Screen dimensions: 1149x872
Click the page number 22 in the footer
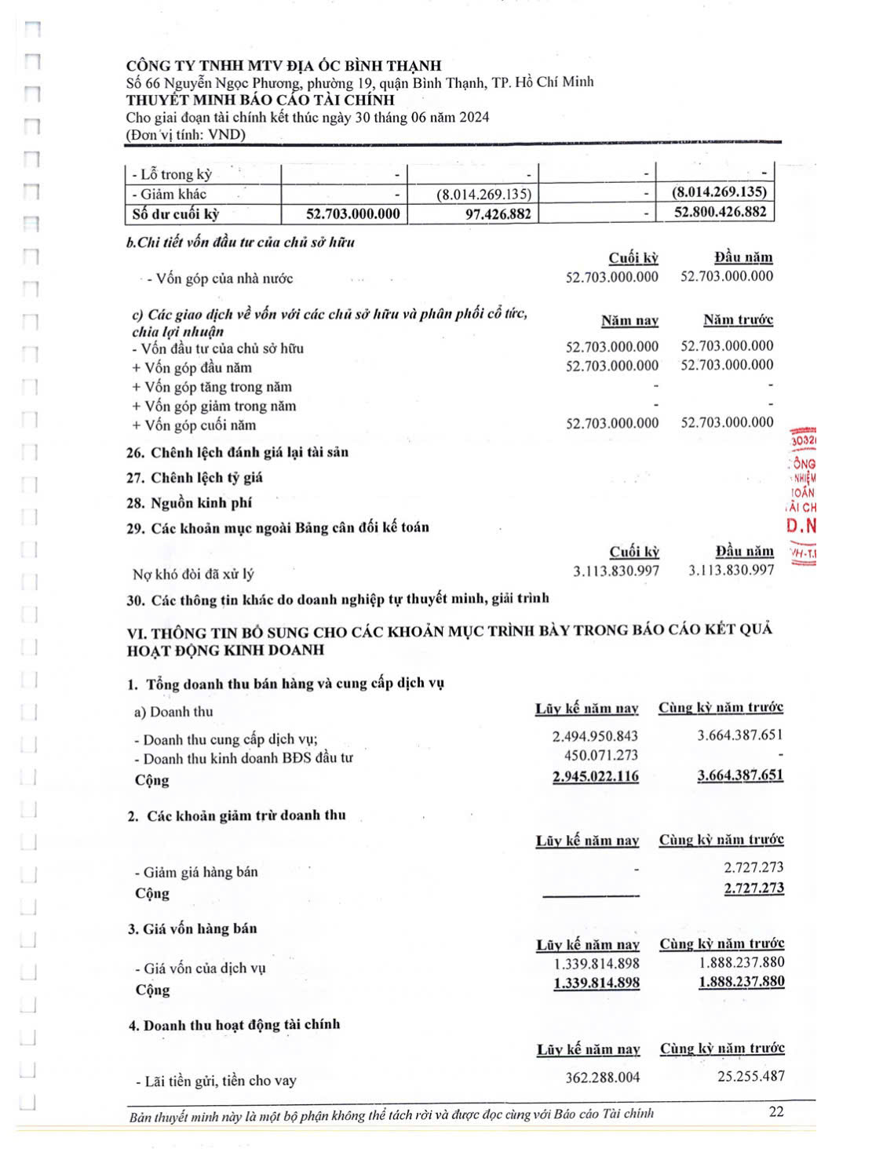(775, 1111)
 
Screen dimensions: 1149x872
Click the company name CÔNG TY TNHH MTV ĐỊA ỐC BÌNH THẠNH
(283, 66)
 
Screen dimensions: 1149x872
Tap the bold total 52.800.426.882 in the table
(720, 212)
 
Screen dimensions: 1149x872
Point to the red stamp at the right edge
(802, 494)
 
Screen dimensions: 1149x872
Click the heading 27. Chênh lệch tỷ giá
(195, 477)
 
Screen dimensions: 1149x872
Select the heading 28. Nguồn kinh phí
(189, 502)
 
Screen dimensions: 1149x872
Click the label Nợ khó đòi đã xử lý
(193, 574)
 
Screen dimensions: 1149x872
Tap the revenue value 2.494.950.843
(595, 736)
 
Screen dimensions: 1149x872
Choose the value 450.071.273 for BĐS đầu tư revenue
(600, 755)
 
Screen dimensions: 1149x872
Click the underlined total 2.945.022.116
(595, 776)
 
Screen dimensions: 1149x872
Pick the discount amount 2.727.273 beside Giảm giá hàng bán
(753, 867)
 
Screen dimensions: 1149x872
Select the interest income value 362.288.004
(602, 1077)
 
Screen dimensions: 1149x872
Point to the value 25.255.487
(750, 1076)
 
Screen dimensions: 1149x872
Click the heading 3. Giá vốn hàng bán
(192, 928)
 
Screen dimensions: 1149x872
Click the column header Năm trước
(738, 319)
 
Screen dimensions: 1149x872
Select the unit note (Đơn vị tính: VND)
(186, 134)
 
